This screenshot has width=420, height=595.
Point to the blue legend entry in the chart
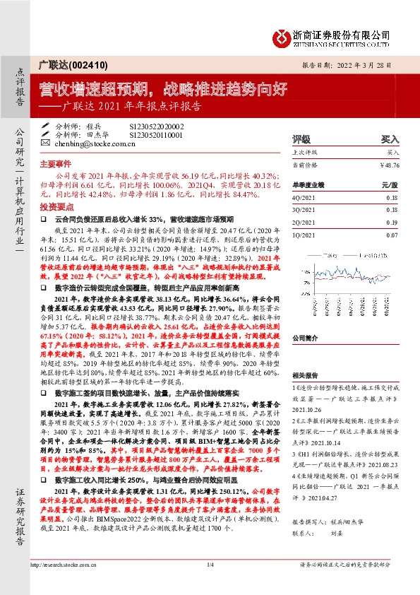325,251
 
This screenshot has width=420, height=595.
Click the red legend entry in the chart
367,251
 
